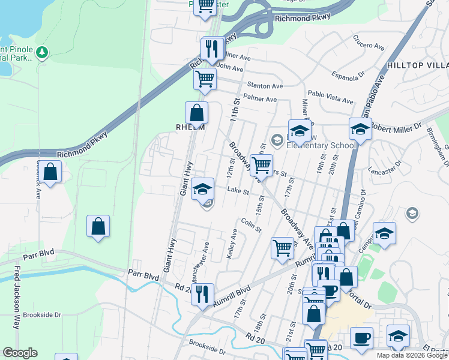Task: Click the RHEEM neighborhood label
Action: pos(190,127)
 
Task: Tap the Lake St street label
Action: pos(238,191)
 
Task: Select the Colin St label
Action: pos(251,224)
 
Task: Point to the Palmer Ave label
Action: pos(260,98)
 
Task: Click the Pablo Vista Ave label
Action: pos(331,94)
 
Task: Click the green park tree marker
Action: pos(42,53)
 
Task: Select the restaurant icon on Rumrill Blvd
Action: pos(202,294)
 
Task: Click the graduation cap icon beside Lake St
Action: pos(203,190)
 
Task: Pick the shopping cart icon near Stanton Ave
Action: pos(205,79)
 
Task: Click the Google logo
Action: pos(20,353)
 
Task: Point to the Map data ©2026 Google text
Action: pos(412,355)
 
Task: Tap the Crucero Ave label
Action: pos(368,46)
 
